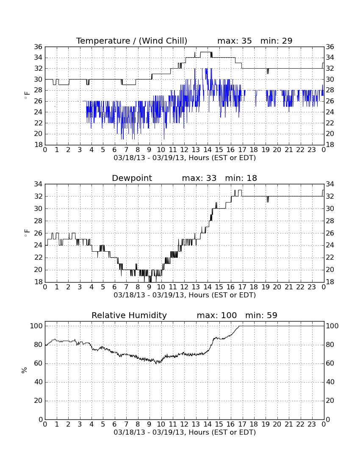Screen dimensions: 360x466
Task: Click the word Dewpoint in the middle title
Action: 132,178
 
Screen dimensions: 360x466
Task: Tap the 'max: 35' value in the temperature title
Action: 235,41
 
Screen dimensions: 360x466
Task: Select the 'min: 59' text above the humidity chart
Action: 261,315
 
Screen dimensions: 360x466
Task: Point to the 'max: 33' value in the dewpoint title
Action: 199,178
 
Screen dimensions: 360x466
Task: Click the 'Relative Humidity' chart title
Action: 129,315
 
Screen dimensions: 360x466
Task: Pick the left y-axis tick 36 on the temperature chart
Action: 39,47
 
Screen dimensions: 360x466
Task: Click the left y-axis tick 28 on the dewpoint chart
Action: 39,221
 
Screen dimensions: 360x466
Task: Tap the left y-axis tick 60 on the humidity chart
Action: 39,363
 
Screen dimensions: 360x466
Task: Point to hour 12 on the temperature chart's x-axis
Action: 184,150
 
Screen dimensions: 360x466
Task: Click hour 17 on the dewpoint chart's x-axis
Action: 242,287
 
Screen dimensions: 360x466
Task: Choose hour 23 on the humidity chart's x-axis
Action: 312,424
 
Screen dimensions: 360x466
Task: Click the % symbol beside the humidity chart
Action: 24,370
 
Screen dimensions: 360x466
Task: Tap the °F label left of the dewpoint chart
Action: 27,233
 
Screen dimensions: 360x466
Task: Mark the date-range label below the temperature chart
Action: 185,158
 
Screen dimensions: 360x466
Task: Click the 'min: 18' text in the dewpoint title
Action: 241,178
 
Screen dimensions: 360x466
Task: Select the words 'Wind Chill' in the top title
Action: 163,41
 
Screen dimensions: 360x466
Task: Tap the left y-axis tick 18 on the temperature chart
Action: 39,145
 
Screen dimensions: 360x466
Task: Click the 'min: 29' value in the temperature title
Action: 276,41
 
